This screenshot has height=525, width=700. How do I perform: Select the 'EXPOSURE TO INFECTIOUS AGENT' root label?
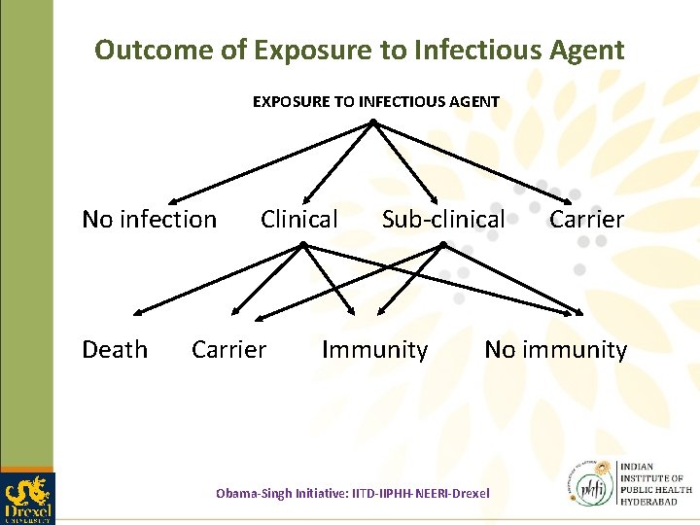pyautogui.click(x=375, y=101)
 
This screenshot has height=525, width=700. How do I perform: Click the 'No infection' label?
pyautogui.click(x=149, y=220)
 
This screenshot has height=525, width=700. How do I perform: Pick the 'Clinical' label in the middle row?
pyautogui.click(x=298, y=220)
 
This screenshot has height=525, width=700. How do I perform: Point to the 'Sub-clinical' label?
pyautogui.click(x=443, y=220)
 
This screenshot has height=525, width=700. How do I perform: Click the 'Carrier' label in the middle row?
pyautogui.click(x=586, y=220)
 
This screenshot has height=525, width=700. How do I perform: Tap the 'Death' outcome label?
pyautogui.click(x=115, y=350)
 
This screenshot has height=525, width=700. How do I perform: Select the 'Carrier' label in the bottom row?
pyautogui.click(x=228, y=350)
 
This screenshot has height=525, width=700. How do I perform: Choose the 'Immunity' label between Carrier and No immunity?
pyautogui.click(x=374, y=350)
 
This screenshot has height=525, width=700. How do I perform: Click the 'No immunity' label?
pyautogui.click(x=555, y=350)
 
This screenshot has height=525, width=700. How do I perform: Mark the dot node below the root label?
pyautogui.click(x=373, y=122)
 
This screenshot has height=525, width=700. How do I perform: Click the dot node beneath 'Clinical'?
pyautogui.click(x=302, y=245)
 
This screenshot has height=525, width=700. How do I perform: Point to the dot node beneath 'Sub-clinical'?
pyautogui.click(x=442, y=245)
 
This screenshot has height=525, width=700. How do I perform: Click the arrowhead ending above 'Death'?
pyautogui.click(x=136, y=313)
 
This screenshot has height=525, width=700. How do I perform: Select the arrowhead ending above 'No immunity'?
pyautogui.click(x=579, y=313)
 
